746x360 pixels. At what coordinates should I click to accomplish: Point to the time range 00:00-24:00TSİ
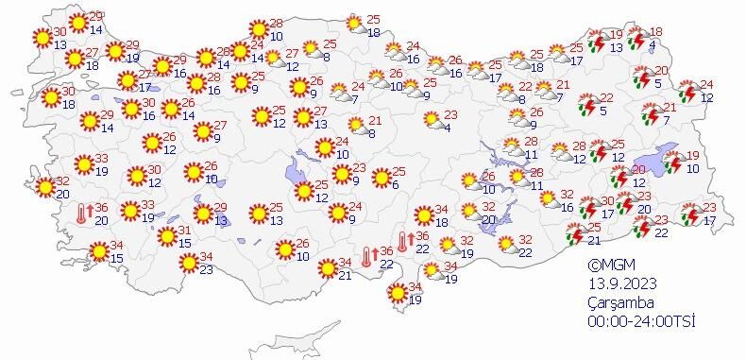(641, 321)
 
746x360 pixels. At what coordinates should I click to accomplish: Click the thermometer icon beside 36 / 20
(83, 214)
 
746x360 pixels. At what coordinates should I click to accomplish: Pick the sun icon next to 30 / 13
(42, 38)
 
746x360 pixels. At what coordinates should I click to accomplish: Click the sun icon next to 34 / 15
(98, 252)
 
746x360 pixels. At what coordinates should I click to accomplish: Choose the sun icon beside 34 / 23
(189, 262)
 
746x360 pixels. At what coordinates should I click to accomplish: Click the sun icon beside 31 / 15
(166, 236)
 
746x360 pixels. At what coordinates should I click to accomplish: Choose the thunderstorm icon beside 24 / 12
(687, 91)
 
